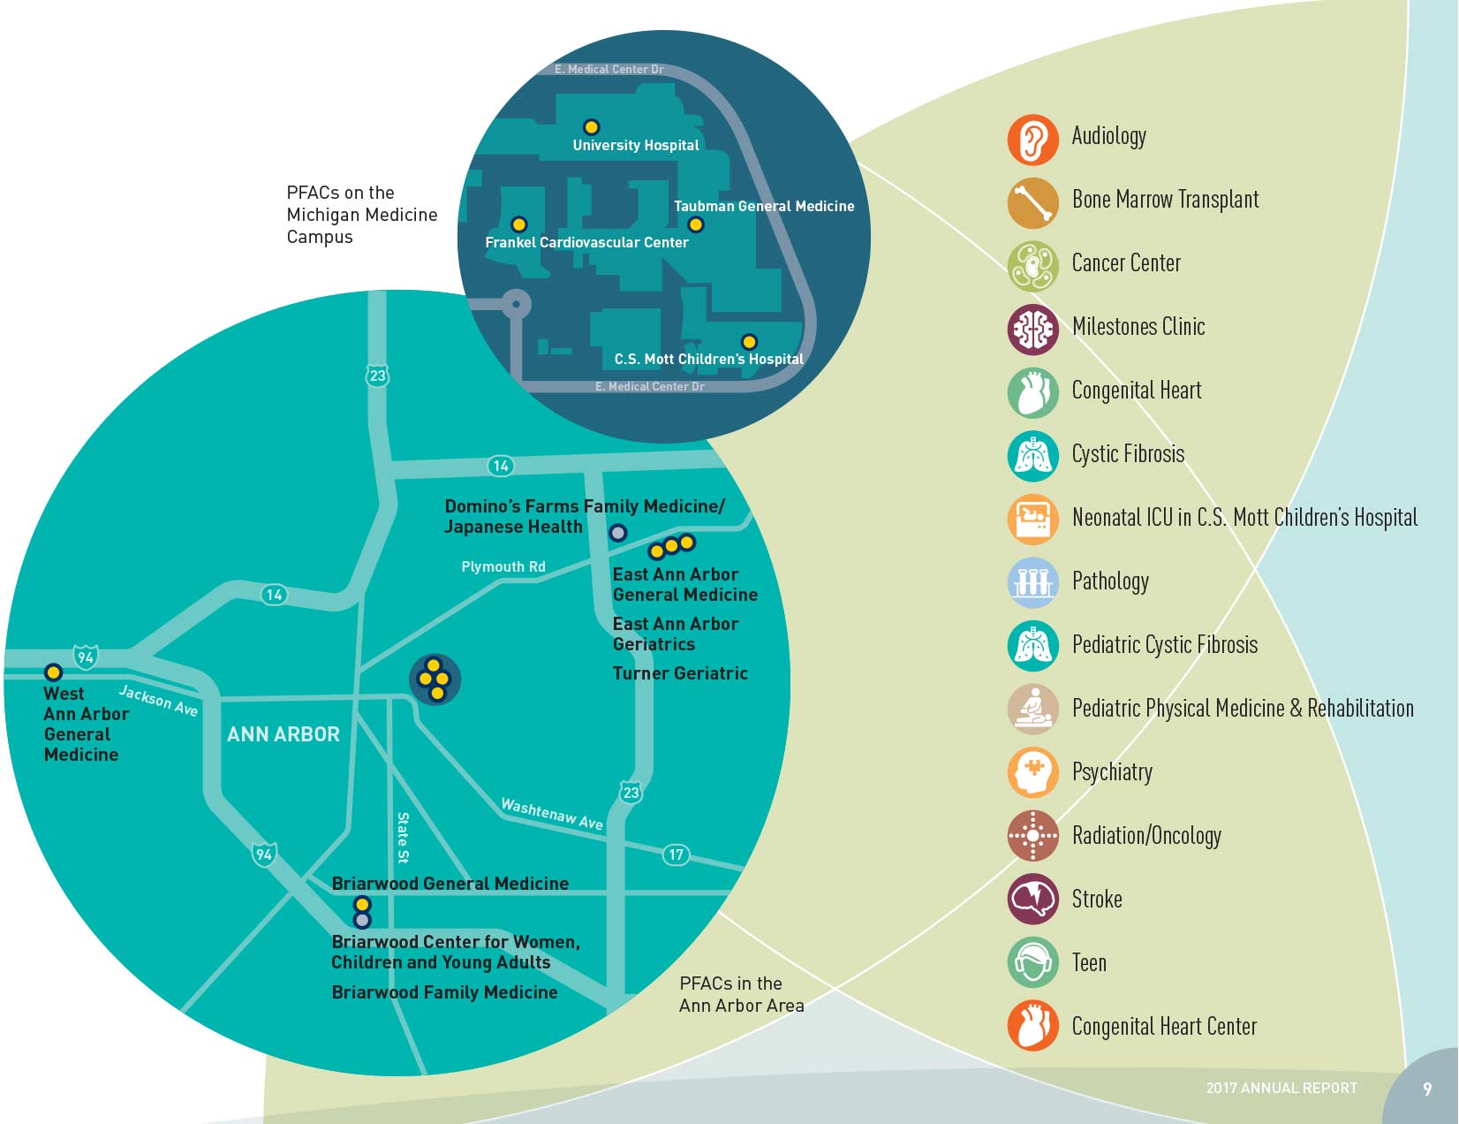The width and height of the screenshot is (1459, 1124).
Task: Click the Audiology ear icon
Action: (x=1032, y=140)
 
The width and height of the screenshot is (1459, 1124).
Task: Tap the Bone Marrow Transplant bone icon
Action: (x=1032, y=202)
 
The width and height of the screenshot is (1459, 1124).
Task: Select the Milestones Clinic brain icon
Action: (x=1032, y=330)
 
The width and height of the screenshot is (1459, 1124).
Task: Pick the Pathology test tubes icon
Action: (x=1032, y=582)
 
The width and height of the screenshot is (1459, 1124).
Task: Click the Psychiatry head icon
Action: (x=1032, y=772)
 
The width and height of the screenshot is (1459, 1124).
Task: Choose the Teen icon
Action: (x=1032, y=962)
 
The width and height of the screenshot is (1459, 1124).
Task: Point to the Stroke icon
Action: (x=1032, y=899)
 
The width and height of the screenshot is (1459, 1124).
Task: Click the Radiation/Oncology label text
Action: (x=1146, y=836)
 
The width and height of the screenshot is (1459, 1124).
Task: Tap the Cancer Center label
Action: (x=1126, y=263)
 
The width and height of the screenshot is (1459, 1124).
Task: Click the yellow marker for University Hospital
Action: (x=592, y=127)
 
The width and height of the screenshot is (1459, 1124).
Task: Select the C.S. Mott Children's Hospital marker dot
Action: (x=749, y=342)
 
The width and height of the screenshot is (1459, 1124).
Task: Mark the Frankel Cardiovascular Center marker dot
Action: (x=519, y=224)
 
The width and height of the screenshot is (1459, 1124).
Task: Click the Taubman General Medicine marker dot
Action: (x=696, y=224)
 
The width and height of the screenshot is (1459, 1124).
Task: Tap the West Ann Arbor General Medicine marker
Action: (x=54, y=672)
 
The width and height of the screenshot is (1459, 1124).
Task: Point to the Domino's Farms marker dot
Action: (x=618, y=533)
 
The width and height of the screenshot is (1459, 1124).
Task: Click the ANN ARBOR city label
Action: (x=283, y=734)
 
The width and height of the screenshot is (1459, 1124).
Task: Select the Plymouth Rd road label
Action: (x=503, y=567)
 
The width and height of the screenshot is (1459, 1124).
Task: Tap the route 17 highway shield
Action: (x=676, y=854)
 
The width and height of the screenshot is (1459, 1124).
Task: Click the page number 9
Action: (x=1427, y=1090)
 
